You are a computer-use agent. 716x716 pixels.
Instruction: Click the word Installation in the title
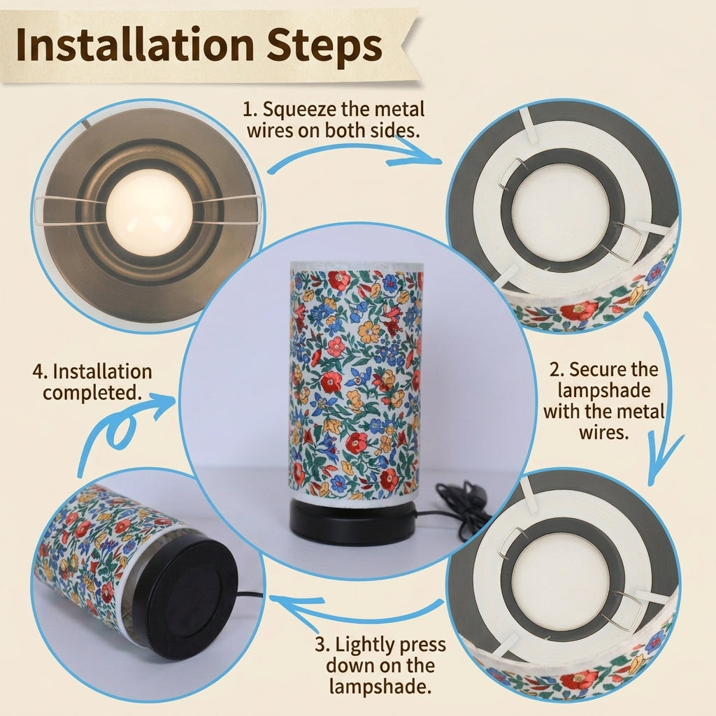135,45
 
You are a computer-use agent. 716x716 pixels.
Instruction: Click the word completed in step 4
92,393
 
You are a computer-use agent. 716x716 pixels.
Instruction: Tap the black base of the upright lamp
352,522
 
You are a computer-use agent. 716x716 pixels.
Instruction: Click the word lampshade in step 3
380,687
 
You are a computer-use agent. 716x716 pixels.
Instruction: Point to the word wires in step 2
603,432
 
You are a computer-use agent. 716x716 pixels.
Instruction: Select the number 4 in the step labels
39,372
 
